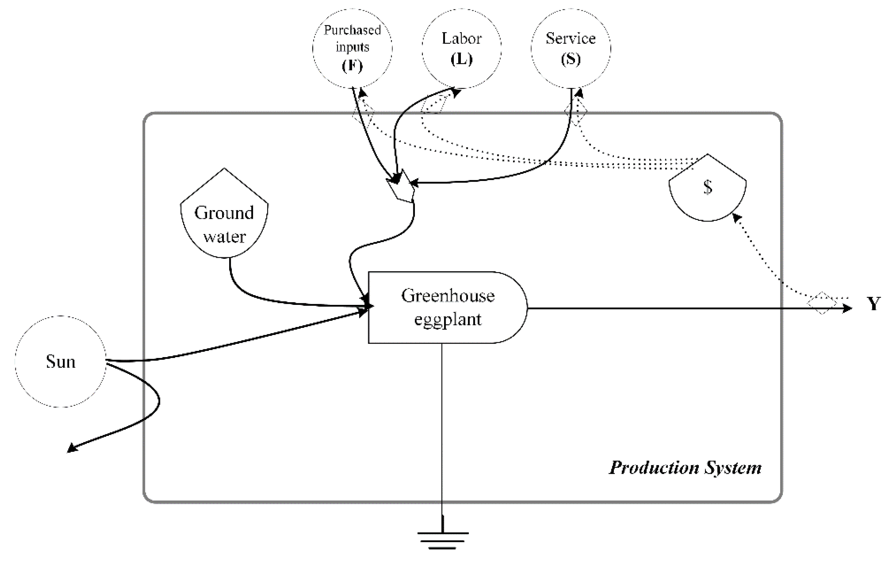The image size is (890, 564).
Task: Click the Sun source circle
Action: click(x=61, y=361)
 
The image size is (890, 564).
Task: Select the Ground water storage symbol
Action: click(x=224, y=218)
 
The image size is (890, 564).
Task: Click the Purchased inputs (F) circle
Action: click(x=352, y=48)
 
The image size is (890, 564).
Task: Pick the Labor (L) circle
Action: click(x=462, y=48)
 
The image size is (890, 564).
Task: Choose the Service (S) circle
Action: click(x=571, y=48)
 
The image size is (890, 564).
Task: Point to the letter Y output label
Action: click(x=874, y=304)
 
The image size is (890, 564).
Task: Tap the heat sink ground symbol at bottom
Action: click(x=442, y=540)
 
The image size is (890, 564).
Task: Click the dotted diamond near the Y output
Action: click(x=821, y=303)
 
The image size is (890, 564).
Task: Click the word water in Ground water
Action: click(x=224, y=237)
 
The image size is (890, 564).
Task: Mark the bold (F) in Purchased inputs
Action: click(x=352, y=66)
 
